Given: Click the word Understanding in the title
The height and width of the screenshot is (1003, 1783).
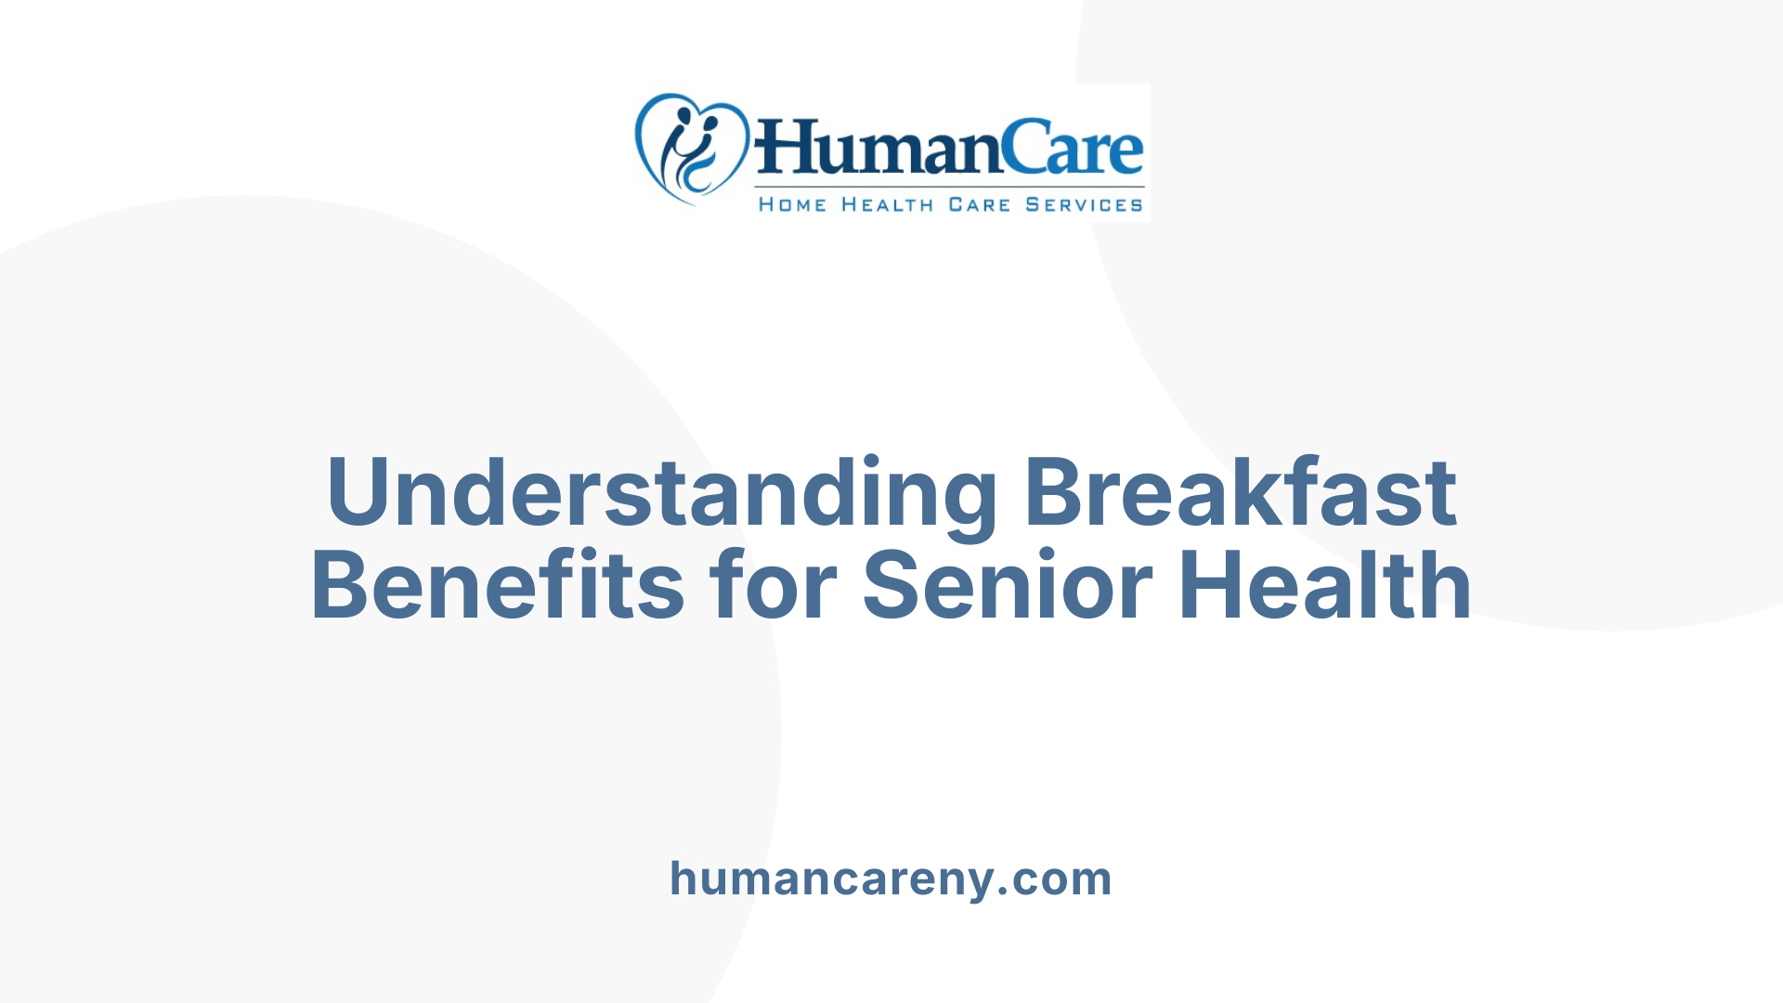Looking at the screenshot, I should (661, 493).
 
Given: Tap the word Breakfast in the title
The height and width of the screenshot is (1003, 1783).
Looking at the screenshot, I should (1240, 491).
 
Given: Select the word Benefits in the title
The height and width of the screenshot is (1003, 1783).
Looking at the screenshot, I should (498, 585).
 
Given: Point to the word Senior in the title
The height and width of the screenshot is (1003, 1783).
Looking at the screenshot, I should (1008, 585).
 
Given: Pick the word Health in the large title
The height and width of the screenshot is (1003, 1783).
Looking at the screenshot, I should (1325, 585).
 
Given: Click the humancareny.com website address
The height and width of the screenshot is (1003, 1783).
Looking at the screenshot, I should (891, 879).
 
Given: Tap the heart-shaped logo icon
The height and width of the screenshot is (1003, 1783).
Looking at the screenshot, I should (691, 148).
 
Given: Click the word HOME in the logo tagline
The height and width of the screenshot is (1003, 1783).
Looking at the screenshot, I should (792, 204).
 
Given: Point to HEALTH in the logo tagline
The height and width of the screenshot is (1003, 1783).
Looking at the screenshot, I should (887, 204).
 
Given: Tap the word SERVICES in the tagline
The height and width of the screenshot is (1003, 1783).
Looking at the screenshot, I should (1084, 204).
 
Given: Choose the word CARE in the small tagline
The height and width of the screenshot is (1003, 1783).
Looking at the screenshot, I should (979, 204).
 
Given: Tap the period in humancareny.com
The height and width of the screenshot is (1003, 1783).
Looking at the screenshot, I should (1002, 892).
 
